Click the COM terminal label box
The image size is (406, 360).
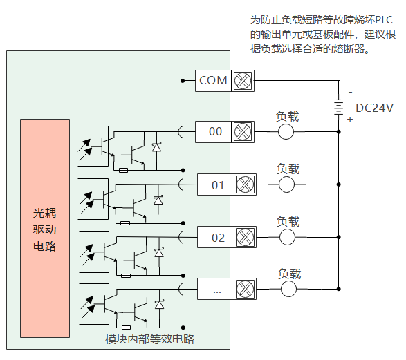point(213,81)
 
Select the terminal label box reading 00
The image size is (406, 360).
point(213,132)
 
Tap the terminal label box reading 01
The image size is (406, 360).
point(216,184)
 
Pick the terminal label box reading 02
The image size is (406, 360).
point(216,237)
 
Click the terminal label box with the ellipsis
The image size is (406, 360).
point(216,289)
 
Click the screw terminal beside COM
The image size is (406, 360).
point(243,81)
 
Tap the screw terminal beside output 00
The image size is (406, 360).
point(243,132)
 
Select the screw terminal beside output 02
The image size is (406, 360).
point(246,237)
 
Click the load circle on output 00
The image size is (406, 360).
point(286,132)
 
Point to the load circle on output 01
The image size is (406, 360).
point(286,184)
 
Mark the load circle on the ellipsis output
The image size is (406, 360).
point(288,289)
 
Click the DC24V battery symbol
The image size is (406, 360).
point(338,106)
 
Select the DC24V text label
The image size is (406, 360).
point(374,108)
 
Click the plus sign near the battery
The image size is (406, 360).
point(350,120)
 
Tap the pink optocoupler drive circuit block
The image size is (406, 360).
point(45,228)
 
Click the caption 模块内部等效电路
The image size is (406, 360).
point(149,339)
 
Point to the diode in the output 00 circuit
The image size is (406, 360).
point(156,147)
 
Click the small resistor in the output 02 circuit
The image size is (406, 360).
point(126,276)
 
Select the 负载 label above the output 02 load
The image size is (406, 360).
point(288,221)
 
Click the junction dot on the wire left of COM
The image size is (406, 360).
point(183,81)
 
